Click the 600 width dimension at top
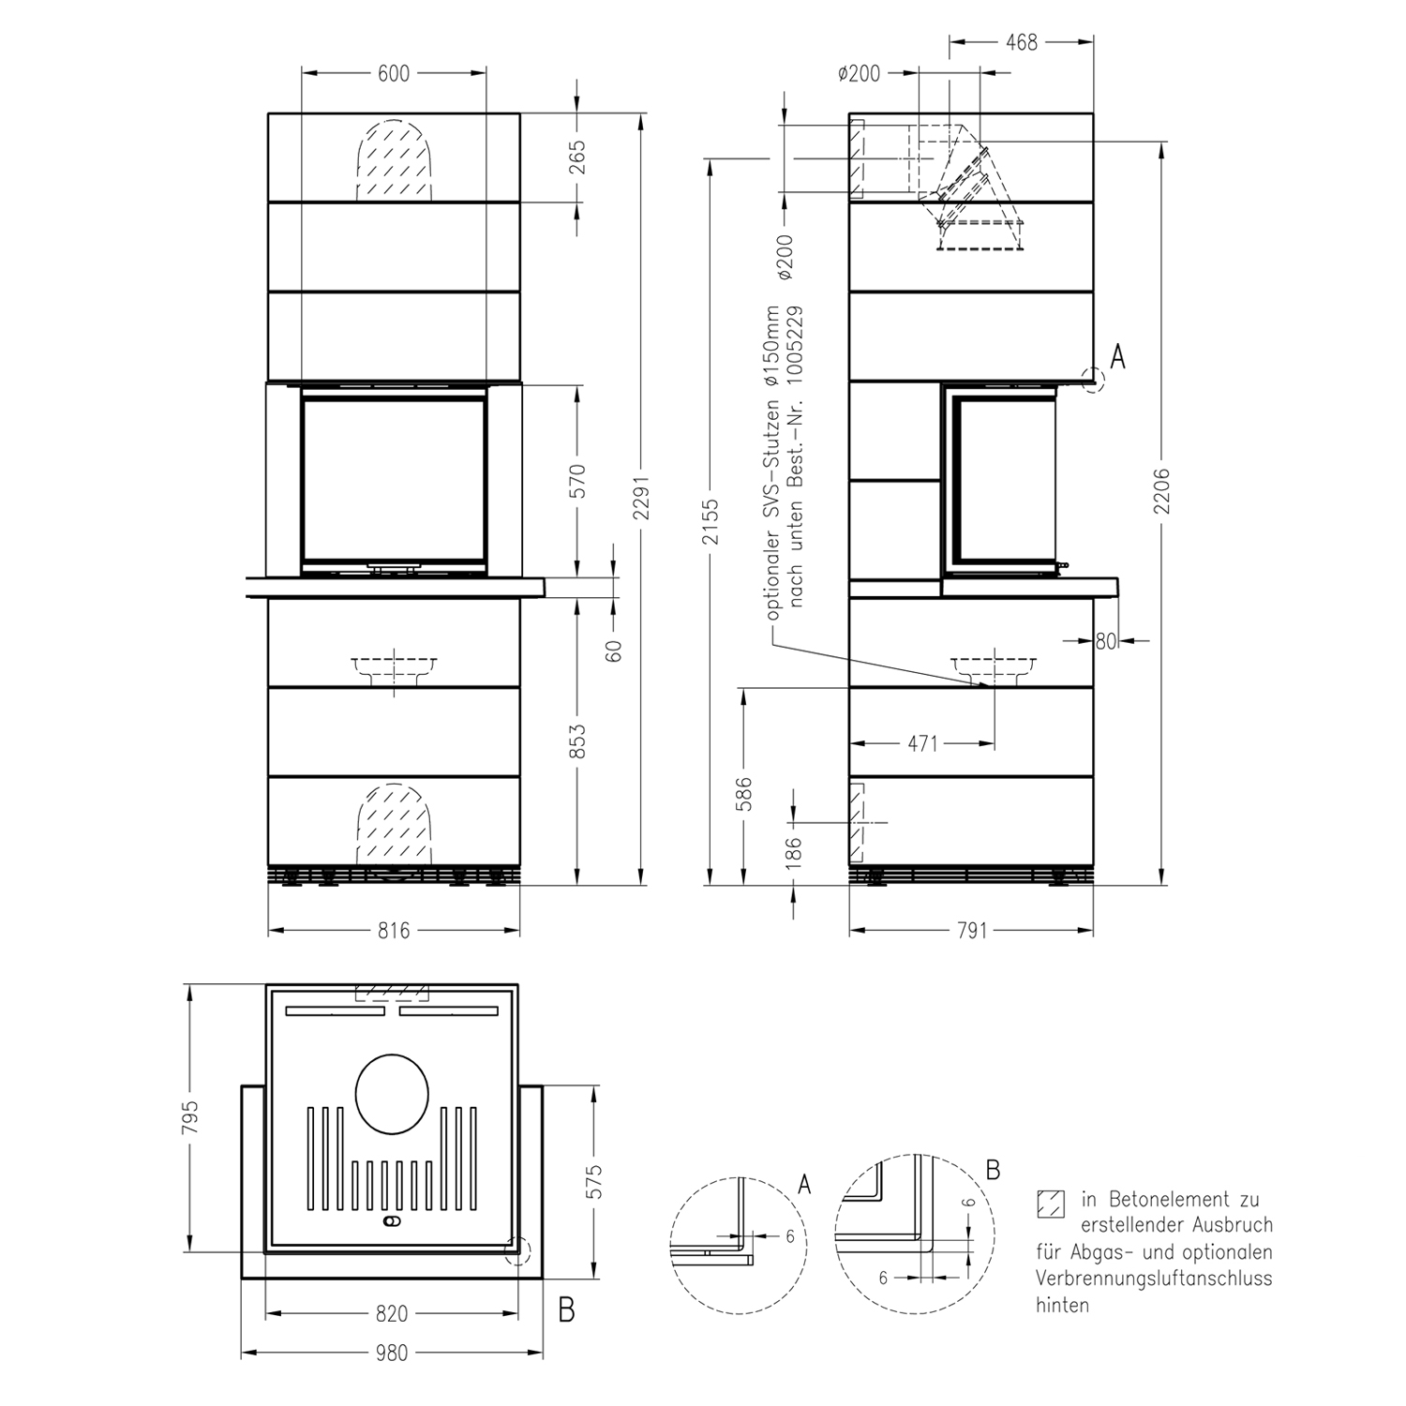(394, 73)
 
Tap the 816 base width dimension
(394, 931)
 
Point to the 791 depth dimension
(972, 931)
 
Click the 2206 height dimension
(1162, 490)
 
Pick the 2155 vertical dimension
(710, 522)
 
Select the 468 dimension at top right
(1021, 42)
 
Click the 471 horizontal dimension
(923, 743)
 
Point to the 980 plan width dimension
(392, 1353)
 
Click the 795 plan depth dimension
(190, 1116)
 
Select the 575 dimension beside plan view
(594, 1182)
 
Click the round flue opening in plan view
(393, 1096)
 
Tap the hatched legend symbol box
(1052, 1204)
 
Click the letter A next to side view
(1117, 357)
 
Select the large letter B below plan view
(566, 1309)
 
